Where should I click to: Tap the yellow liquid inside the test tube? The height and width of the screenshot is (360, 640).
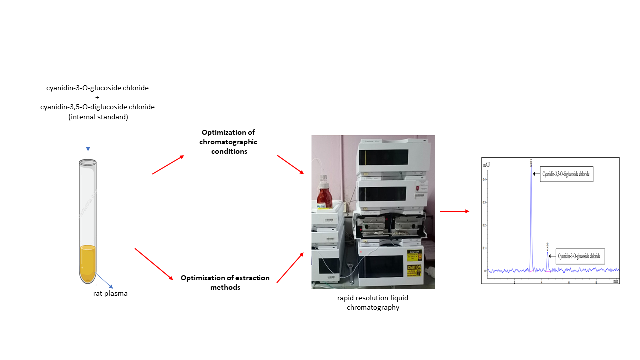(88, 262)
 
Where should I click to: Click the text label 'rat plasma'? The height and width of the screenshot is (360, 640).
(110, 293)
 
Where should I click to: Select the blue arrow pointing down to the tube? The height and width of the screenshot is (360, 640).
(88, 137)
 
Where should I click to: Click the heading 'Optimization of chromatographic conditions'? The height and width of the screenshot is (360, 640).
(228, 142)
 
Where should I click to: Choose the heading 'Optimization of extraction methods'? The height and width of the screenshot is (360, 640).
(225, 282)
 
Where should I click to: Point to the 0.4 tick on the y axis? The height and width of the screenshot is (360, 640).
(485, 179)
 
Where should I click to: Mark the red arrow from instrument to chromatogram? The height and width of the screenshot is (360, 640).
(454, 211)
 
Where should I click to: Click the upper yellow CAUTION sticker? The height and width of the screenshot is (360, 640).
(414, 255)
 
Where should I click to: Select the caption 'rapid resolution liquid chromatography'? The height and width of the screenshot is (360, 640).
(373, 303)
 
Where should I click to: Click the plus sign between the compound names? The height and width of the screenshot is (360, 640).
(97, 97)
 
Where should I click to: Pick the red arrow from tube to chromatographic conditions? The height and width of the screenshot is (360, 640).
(168, 165)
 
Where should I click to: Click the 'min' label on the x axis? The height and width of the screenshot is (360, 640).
(616, 281)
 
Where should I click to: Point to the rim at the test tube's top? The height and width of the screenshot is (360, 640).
(88, 162)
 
